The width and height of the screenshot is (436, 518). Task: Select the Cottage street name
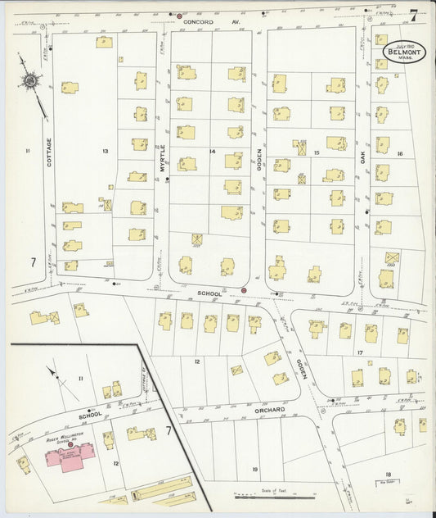point(49,152)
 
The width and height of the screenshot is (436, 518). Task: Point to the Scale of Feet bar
point(274,494)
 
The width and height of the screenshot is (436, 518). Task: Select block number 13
point(106,152)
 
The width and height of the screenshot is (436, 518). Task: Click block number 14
point(212,152)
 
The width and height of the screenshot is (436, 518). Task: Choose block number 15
point(316,152)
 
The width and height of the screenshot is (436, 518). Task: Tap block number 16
point(400,153)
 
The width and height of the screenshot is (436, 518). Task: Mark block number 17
point(359,352)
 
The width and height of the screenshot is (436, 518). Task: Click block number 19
point(255,469)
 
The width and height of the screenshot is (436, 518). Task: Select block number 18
point(389,474)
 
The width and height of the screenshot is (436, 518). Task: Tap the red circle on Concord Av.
point(179,16)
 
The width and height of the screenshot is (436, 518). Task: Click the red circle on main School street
point(244,290)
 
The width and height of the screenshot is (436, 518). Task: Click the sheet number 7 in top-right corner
point(414,14)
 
